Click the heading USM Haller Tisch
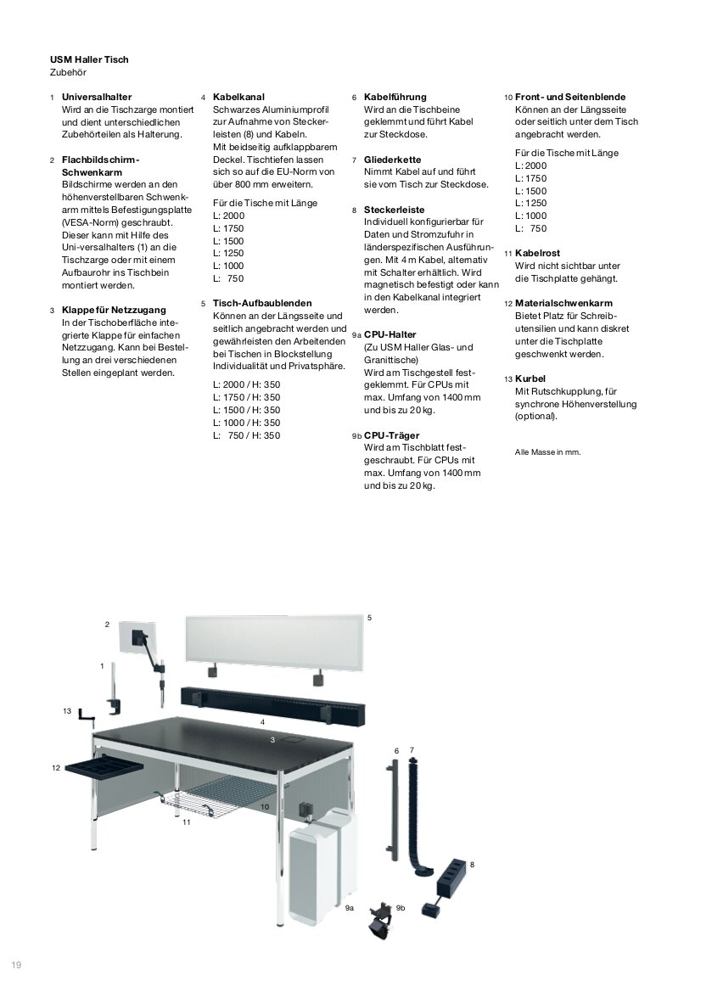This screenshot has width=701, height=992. click(x=89, y=60)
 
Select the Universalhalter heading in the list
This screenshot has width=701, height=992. click(x=97, y=98)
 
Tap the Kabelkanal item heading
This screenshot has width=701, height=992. click(x=239, y=98)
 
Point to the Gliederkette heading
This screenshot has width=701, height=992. click(x=392, y=160)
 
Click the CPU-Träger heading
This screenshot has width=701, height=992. click(x=391, y=435)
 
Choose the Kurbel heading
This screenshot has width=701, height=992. click(x=530, y=378)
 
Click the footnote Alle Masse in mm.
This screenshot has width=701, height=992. click(x=547, y=452)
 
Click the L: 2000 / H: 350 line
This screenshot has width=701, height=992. click(x=246, y=384)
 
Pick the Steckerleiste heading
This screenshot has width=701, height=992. click(x=394, y=210)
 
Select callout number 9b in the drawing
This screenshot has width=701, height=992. click(x=401, y=908)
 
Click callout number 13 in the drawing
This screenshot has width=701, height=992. click(x=67, y=711)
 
